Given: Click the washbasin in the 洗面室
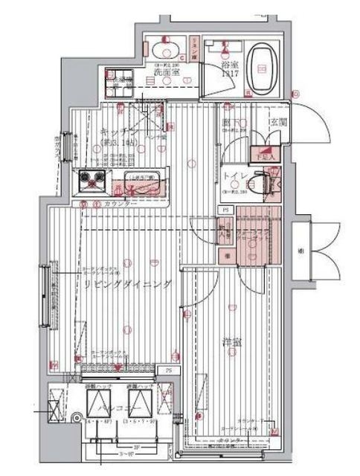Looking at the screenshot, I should tap(163, 51).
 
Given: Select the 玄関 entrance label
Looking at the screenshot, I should tap(280, 122).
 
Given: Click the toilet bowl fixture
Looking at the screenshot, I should tap(257, 183).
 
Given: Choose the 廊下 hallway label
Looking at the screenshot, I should tap(228, 123).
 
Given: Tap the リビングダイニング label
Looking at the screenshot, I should tap(127, 284).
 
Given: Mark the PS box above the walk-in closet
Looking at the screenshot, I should tap(225, 210).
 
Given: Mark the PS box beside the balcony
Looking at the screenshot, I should tap(169, 369).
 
